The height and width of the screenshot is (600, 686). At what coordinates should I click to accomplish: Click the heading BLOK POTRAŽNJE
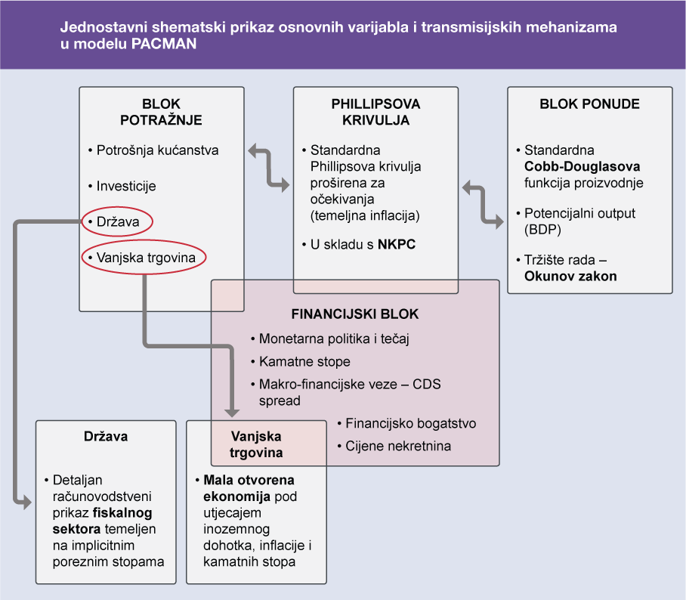pos(162,111)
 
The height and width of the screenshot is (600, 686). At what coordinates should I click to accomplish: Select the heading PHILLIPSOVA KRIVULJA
pos(375,111)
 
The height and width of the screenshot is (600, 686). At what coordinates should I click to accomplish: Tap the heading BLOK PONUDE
pos(589,104)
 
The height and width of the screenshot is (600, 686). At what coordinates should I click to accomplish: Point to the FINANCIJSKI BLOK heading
pos(355,314)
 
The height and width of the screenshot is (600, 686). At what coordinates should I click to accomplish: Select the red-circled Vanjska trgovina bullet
pos(145,258)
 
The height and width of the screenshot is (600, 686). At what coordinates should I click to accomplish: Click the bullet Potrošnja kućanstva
pos(157,150)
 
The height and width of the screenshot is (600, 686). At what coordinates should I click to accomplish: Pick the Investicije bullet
pos(126,185)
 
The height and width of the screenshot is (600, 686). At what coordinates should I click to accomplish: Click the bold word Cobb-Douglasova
pos(571,166)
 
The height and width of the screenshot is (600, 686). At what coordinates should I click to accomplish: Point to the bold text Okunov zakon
pos(570,276)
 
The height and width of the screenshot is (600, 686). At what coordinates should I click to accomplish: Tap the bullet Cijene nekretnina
pos(398,445)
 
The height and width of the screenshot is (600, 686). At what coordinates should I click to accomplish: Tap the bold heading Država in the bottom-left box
pos(106,436)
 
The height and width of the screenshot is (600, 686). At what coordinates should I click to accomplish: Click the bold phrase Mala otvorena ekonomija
pos(249,488)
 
